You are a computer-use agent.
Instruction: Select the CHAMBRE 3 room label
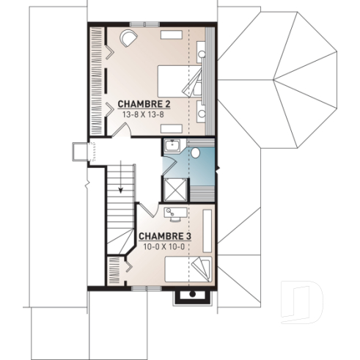tap(165, 236)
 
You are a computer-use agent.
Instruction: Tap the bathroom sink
tap(172, 144)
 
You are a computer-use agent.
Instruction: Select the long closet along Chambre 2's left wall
tap(96, 81)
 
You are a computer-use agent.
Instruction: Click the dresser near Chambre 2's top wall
tap(173, 34)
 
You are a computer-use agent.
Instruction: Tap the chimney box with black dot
tap(192, 295)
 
